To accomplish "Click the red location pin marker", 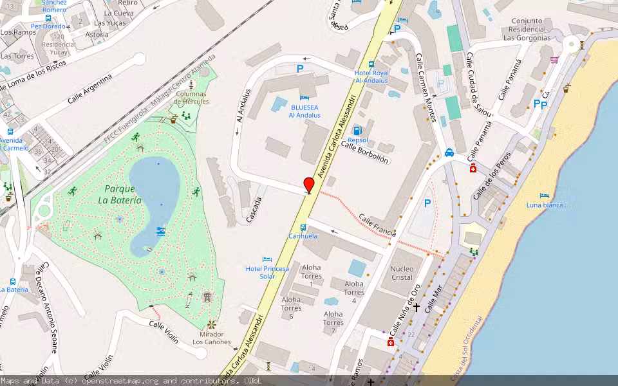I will (x=309, y=184).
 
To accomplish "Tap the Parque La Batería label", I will (x=120, y=194).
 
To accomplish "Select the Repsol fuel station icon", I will (x=357, y=131).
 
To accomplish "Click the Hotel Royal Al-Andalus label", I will (x=371, y=77).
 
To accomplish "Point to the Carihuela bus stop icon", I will (x=303, y=228).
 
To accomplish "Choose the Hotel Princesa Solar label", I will (x=267, y=272).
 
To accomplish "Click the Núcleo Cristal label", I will (x=402, y=273).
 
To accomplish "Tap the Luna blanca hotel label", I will (x=548, y=205).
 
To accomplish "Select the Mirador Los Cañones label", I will (x=212, y=338).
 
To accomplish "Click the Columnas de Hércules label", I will (x=191, y=98).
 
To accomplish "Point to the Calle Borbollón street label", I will (x=364, y=152).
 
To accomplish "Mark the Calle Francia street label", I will (x=377, y=225).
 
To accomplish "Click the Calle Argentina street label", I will (x=89, y=89).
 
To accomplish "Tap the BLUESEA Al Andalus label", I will (x=304, y=111).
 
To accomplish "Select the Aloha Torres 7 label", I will (x=333, y=322).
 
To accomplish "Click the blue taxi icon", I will (x=449, y=152).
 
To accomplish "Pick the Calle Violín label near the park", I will (x=164, y=331).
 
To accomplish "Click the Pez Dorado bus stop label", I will (x=48, y=26).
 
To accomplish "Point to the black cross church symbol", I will (x=416, y=308).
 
